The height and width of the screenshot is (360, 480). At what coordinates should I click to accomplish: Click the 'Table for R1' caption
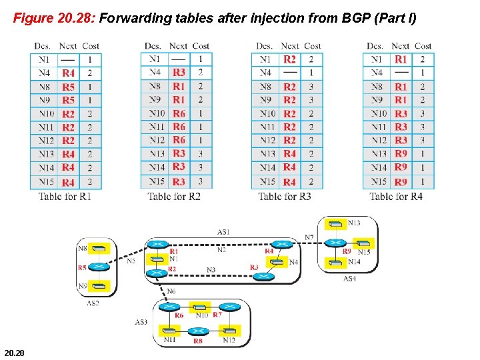click(x=65, y=196)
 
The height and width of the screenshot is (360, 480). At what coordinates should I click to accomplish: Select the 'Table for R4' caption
click(x=396, y=196)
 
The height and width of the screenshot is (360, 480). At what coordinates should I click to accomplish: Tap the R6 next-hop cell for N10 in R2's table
click(x=179, y=113)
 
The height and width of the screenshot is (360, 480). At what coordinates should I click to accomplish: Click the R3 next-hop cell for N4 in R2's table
click(x=179, y=72)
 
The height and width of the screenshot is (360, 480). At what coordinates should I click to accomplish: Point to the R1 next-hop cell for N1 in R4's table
click(x=401, y=59)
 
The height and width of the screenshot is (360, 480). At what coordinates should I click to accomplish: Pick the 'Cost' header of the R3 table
click(x=312, y=46)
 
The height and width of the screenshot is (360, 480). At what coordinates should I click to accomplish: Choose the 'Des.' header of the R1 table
click(x=42, y=46)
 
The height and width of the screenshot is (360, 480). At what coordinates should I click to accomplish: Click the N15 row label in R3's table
click(x=267, y=181)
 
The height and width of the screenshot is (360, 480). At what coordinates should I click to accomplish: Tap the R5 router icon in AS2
click(x=99, y=267)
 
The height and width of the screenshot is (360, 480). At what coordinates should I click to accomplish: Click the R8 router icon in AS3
click(x=197, y=331)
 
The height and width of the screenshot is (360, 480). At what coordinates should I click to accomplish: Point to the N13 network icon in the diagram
click(x=338, y=223)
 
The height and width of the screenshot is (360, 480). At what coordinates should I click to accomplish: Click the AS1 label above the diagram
click(x=224, y=231)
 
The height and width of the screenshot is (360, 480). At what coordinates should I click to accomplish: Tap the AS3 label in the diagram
click(x=141, y=322)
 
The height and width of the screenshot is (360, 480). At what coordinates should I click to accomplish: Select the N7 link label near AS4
click(x=309, y=237)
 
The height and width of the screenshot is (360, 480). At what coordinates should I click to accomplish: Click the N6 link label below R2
click(x=171, y=291)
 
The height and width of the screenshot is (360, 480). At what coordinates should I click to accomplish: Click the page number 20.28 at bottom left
click(x=14, y=351)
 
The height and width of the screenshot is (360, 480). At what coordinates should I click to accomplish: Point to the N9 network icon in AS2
click(x=99, y=287)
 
